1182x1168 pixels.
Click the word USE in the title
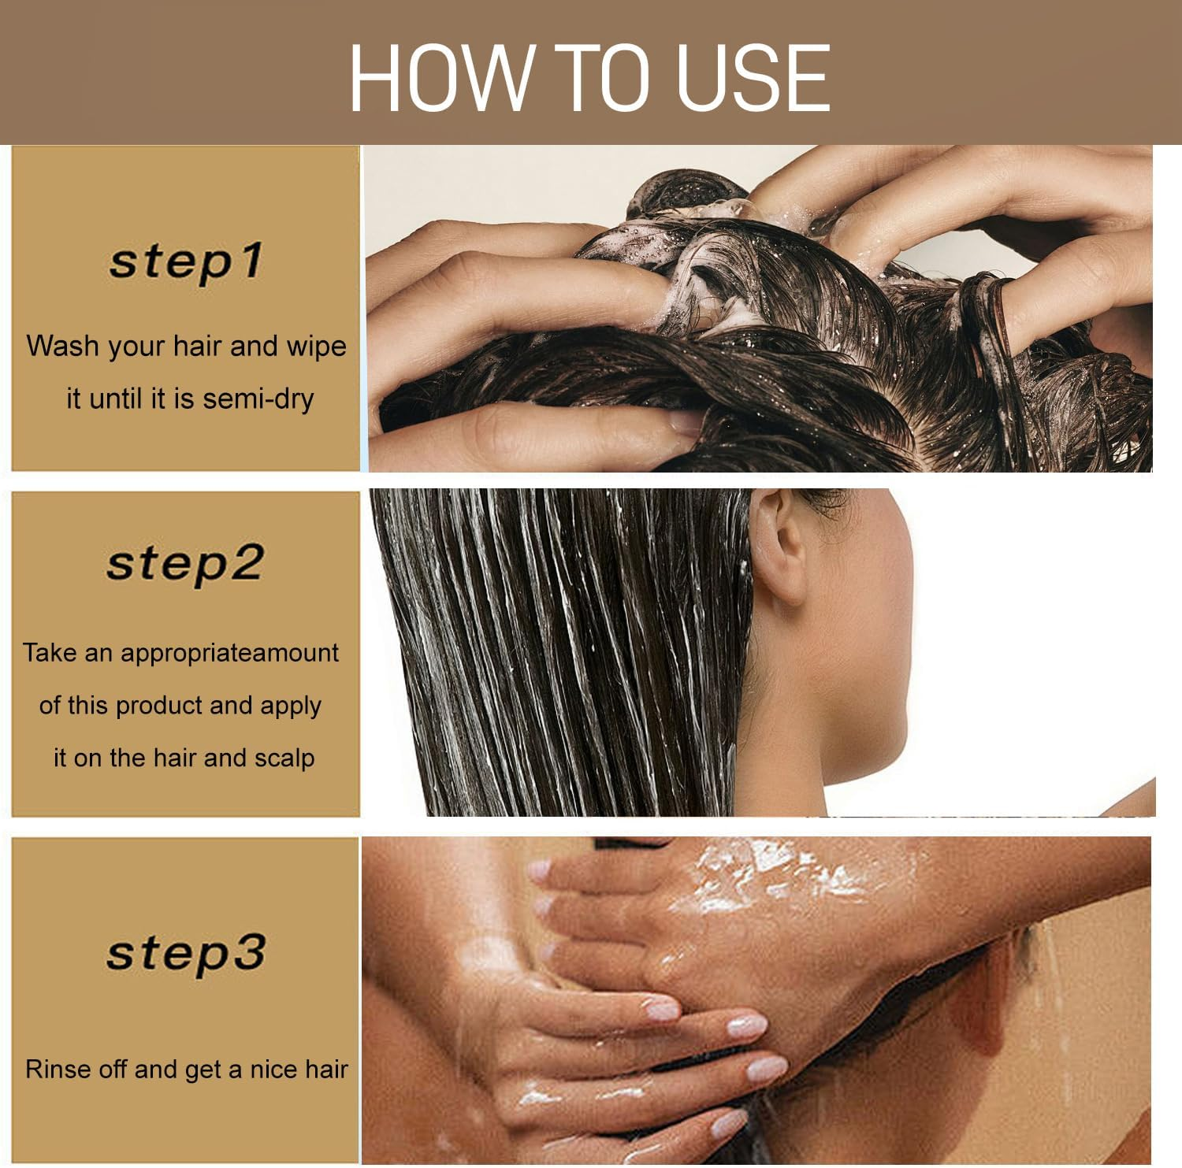pos(753,77)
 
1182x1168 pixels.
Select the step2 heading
pos(184,563)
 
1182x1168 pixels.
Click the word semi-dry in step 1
pos(258,399)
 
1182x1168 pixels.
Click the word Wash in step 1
pos(62,346)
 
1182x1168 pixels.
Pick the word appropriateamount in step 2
pos(229,652)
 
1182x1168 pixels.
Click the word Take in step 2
pos(48,652)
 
